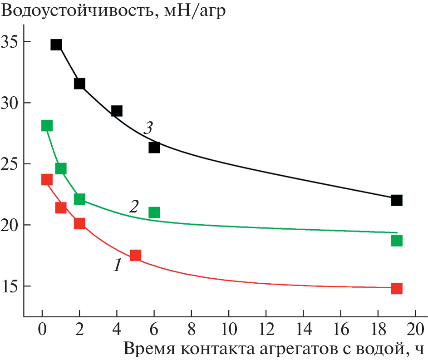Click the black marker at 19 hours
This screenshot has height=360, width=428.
coord(397,200)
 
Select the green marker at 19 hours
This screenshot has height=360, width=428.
coord(397,241)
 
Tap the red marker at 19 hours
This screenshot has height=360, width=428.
coord(397,288)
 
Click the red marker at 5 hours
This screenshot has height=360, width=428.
coord(135,255)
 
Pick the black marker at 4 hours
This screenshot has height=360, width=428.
coord(117,111)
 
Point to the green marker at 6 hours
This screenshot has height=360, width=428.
coord(154,212)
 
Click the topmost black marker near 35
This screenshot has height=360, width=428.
coord(56,44)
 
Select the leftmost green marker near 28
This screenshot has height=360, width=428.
coord(47,126)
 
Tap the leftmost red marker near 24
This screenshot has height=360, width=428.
coord(47,179)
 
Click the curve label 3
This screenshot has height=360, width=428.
coord(148,128)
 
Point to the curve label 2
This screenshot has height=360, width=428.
coord(133,207)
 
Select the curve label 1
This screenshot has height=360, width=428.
coord(118,265)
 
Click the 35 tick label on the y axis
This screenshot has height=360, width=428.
coord(12,42)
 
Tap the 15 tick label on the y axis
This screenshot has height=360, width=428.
coord(12,286)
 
